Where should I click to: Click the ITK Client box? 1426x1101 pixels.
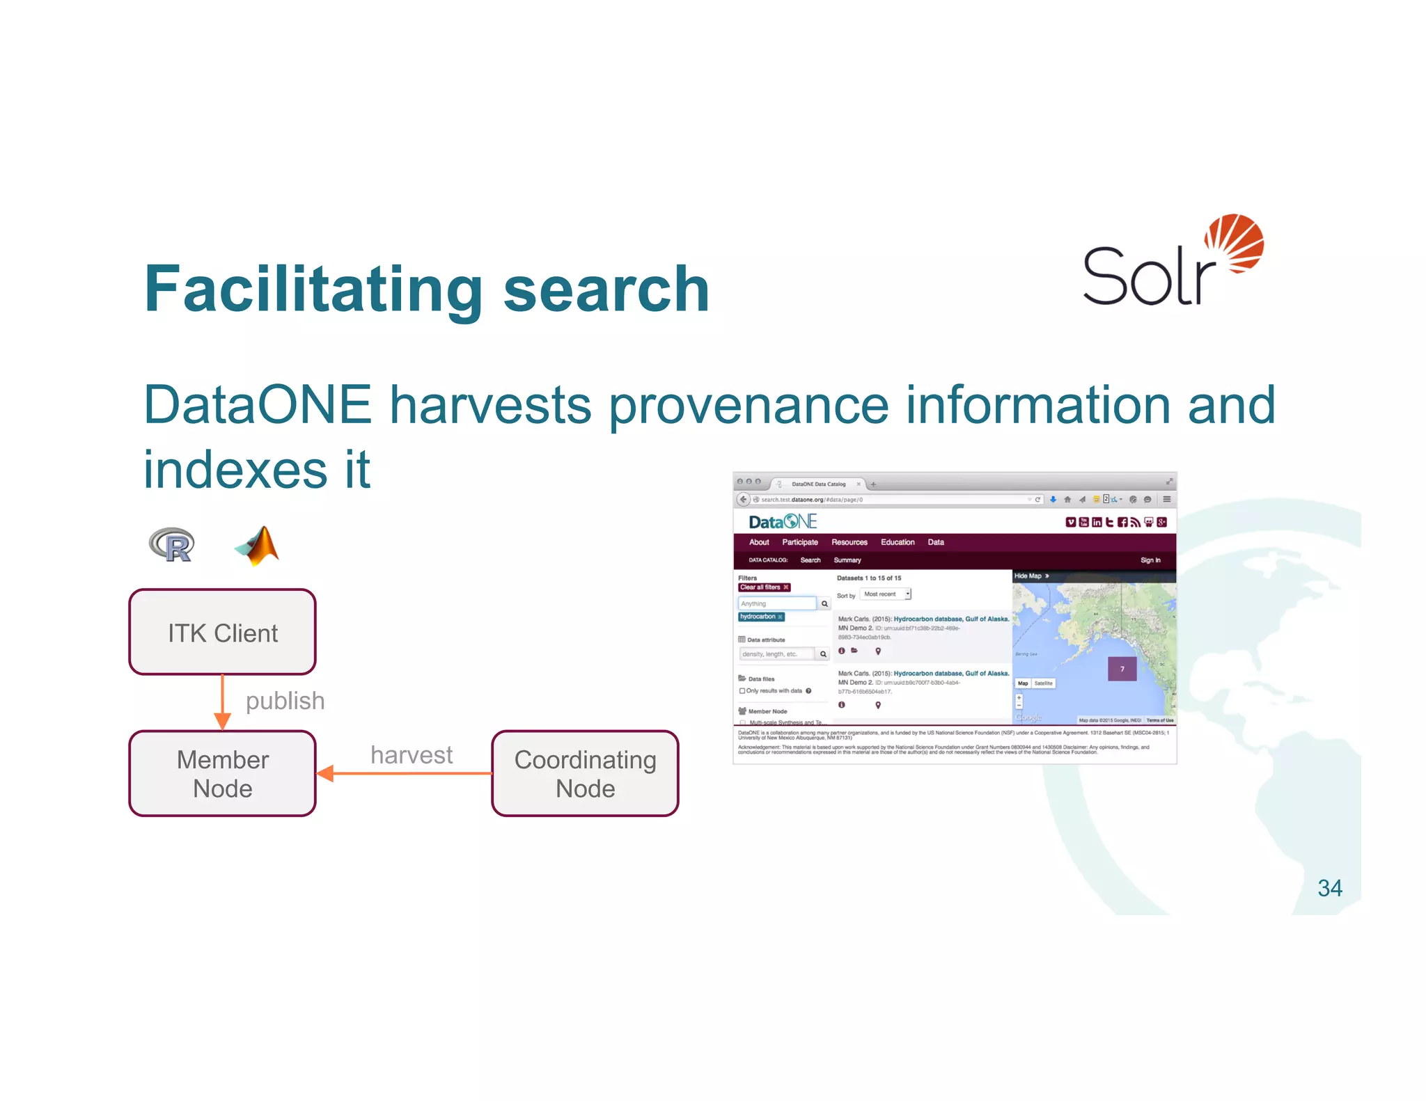point(222,632)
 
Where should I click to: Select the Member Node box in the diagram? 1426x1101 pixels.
point(222,773)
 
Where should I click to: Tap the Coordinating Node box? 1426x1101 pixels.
point(585,773)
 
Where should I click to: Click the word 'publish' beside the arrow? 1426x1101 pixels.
point(285,700)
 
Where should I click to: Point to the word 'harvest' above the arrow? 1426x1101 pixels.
point(412,754)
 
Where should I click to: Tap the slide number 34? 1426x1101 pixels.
point(1329,888)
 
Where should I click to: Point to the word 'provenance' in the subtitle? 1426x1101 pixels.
point(749,405)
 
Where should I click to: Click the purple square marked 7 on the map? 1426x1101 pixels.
point(1122,669)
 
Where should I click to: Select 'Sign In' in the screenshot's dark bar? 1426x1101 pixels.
point(1150,560)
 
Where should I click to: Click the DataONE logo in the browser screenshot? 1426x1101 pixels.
point(782,522)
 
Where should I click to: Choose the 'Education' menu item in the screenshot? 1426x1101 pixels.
point(898,542)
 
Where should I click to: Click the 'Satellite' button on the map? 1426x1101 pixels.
point(1043,683)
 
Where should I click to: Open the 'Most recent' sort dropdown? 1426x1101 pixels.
point(885,594)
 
